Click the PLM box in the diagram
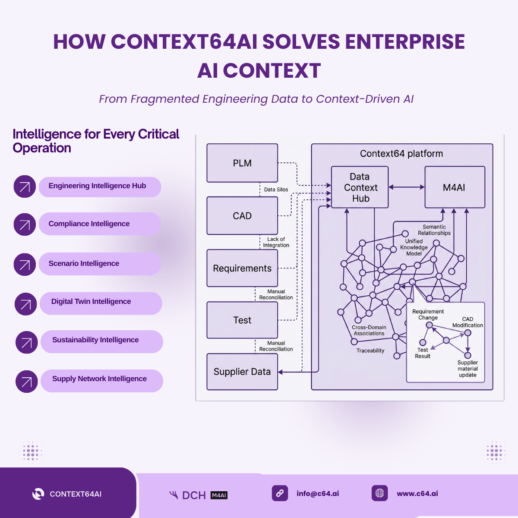[x=242, y=163]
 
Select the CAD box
[x=242, y=216]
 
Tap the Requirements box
[x=242, y=268]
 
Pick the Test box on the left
[x=242, y=320]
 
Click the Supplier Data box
[x=242, y=372]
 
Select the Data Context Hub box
[x=360, y=187]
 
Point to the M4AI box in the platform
[x=455, y=187]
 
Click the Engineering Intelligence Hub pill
[x=100, y=186]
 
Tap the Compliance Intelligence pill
[x=100, y=224]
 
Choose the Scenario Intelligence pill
[x=100, y=264]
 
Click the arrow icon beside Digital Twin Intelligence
[x=26, y=304]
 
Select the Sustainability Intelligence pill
[x=102, y=341]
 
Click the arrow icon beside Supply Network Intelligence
[x=27, y=381]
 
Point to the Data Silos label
[x=276, y=190]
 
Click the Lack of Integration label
[x=276, y=242]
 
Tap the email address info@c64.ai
[x=318, y=493]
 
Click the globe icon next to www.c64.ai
[x=380, y=493]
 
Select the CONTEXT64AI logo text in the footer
[x=76, y=494]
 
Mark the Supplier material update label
[x=467, y=369]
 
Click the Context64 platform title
[x=401, y=154]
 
